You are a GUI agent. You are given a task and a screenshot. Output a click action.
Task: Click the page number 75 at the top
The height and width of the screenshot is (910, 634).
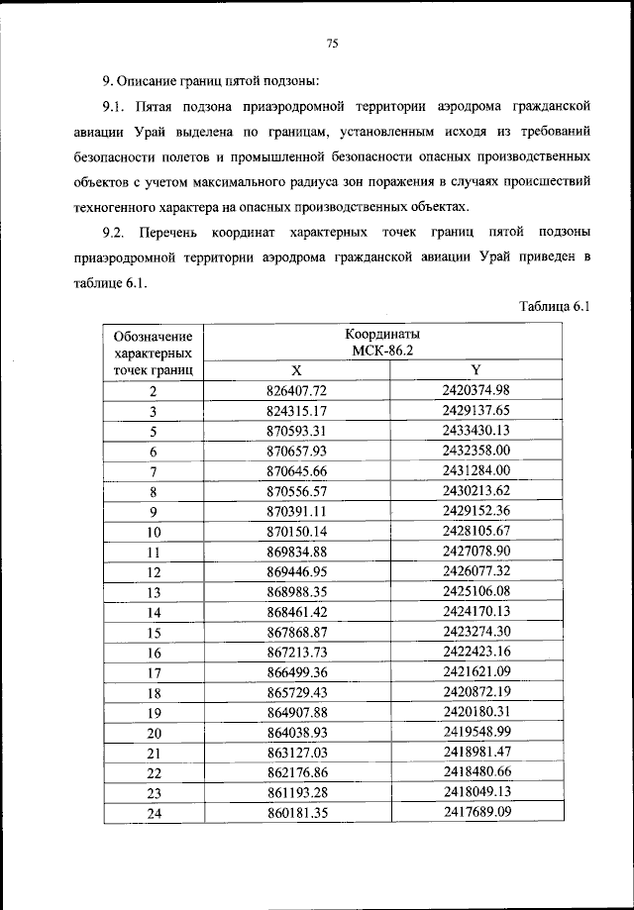332,42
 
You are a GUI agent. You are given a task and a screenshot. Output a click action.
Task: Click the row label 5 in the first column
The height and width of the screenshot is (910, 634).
154,432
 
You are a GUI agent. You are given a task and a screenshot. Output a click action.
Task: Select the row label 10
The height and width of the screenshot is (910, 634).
154,532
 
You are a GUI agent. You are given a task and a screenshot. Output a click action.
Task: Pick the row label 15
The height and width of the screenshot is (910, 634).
154,633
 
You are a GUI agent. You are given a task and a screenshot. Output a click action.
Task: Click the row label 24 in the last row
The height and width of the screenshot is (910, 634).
154,814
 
